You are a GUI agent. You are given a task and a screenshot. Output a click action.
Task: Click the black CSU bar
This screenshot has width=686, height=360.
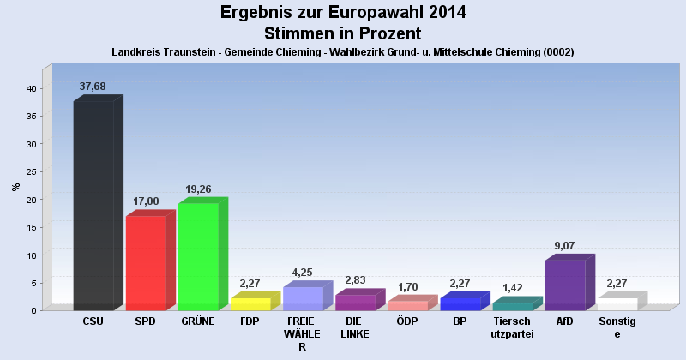(x=93, y=206)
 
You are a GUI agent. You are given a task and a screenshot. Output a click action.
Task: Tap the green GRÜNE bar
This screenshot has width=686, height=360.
(x=198, y=256)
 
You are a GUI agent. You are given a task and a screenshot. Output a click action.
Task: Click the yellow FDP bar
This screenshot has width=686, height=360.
(x=250, y=303)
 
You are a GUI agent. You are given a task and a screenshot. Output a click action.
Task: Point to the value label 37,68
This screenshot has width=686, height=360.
(x=93, y=87)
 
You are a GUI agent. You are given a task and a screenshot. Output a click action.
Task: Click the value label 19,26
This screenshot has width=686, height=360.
(x=198, y=189)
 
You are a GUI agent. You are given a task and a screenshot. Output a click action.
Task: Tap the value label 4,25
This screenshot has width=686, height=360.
(x=303, y=272)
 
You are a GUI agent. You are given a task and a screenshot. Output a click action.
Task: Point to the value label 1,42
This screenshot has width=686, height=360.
(x=513, y=288)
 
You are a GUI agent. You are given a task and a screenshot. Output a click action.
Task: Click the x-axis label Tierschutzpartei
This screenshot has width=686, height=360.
(x=513, y=327)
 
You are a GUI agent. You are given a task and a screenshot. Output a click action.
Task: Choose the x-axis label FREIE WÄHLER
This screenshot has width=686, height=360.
(x=302, y=333)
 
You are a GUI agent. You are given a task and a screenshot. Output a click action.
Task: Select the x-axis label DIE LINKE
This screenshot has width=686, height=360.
(x=355, y=327)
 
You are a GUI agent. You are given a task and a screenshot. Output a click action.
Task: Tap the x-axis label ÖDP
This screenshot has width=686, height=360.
(x=407, y=321)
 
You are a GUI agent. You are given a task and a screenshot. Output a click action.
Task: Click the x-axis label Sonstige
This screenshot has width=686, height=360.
(x=617, y=327)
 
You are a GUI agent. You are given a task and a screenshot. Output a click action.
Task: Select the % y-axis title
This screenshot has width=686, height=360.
(x=15, y=186)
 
